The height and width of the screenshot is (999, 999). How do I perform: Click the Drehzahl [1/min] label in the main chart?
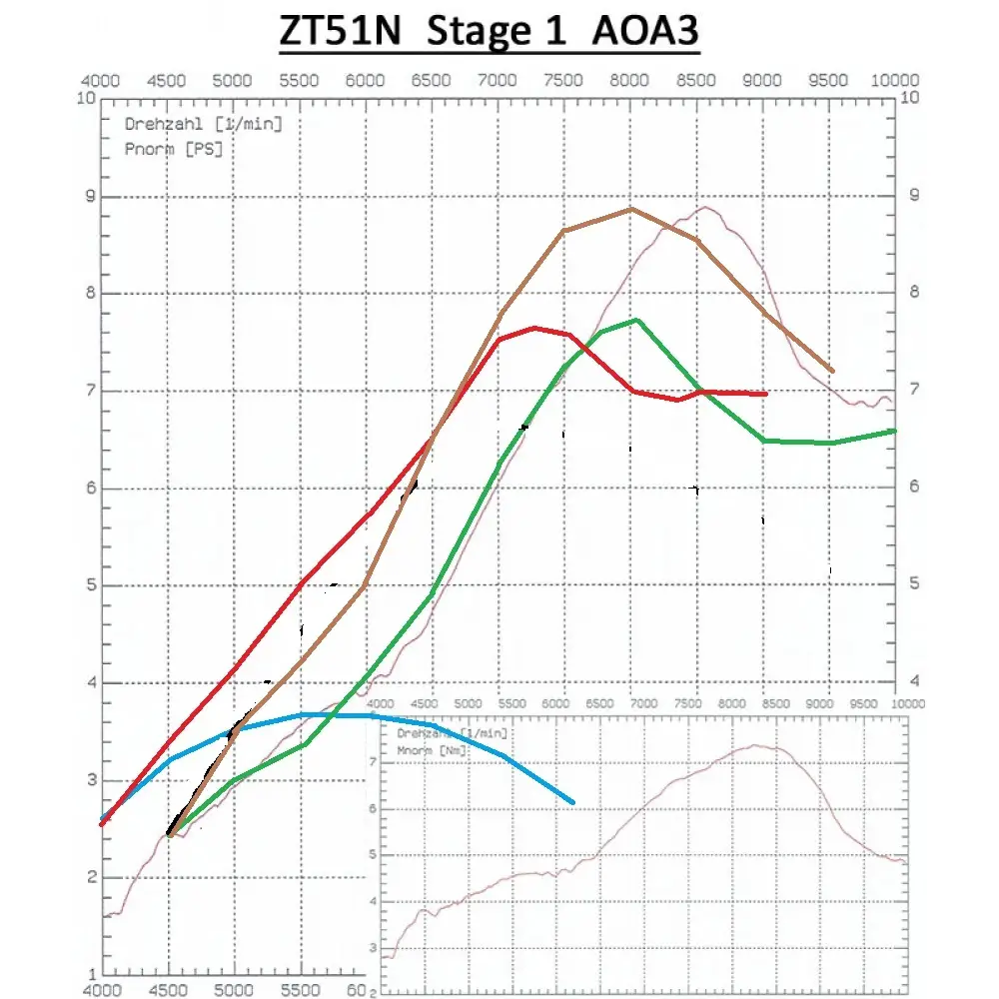[x=203, y=125]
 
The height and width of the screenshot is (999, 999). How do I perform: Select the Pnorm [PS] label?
[x=173, y=149]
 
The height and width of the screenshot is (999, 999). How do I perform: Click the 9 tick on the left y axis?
[x=90, y=197]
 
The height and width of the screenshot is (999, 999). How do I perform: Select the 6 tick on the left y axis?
[x=90, y=490]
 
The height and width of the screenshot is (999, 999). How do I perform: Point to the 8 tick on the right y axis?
[x=908, y=293]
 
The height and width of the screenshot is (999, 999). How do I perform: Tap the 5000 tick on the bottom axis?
[x=233, y=990]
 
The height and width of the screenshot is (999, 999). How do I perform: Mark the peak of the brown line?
[x=630, y=209]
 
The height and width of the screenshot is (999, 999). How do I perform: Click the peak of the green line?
[x=636, y=320]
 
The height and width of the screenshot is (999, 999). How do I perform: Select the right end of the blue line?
[x=573, y=802]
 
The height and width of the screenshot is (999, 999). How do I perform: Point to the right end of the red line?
[x=766, y=395]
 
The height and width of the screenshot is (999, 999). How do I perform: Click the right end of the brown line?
[x=833, y=371]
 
